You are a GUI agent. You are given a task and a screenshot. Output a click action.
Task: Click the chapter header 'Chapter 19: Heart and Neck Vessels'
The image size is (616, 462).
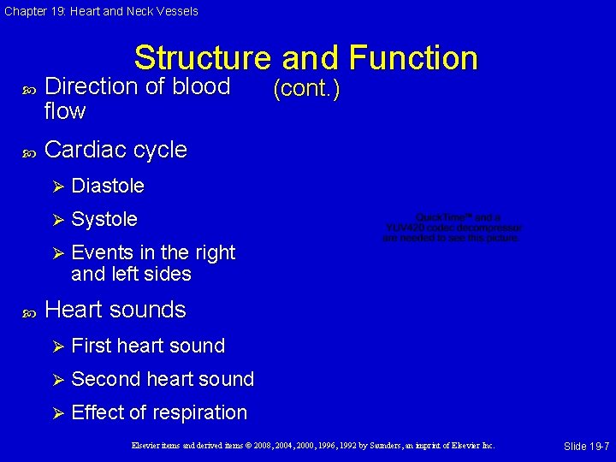pos(101,11)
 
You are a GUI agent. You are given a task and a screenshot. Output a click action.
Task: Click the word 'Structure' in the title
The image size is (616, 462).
pos(202,58)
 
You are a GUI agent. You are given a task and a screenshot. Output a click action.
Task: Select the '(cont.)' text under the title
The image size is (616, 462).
pos(305,89)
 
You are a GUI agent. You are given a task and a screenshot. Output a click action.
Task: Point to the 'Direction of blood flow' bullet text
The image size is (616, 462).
pos(137,98)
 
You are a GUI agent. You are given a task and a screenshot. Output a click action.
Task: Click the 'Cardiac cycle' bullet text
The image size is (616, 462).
pos(115,150)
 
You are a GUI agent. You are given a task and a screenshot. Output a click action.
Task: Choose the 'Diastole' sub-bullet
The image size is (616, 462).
pos(108,186)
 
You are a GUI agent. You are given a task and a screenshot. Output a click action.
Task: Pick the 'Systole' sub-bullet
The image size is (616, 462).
pos(104,219)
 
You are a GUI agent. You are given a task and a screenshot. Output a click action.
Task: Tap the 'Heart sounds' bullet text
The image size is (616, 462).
pos(115,310)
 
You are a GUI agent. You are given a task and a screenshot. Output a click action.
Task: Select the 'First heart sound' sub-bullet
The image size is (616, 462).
pos(148,346)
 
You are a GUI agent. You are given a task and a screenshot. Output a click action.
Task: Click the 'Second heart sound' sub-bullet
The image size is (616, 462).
pos(163,379)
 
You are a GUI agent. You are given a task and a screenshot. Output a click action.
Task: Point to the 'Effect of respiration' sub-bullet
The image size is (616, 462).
pos(159,412)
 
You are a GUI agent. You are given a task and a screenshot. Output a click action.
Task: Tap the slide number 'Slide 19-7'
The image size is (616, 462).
pos(586,446)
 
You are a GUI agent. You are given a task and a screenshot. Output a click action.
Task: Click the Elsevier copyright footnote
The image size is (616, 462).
pos(313,446)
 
